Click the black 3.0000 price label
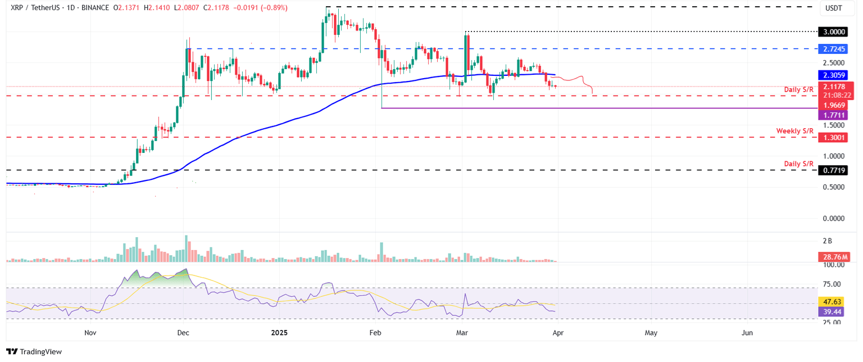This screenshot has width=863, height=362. click(835, 32)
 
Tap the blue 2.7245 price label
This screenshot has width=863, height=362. click(835, 49)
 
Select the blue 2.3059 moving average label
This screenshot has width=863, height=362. click(835, 74)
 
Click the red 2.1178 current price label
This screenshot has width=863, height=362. click(835, 87)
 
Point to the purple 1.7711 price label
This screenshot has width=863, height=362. click(835, 115)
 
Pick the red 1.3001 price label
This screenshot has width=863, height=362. click(835, 138)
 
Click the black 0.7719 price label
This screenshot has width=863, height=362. click(835, 170)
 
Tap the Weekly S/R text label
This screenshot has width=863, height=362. click(795, 131)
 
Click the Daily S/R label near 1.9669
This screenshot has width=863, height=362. click(799, 90)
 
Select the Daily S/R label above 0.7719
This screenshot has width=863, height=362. click(799, 164)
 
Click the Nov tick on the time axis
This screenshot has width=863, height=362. click(91, 333)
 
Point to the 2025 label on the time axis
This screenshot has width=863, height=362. click(279, 333)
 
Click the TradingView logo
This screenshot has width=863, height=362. click(35, 351)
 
